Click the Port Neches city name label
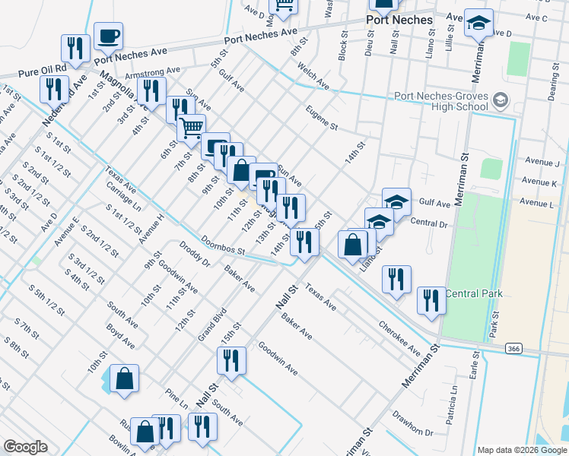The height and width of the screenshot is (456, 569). [399, 20]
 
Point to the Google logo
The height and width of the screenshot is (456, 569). [25, 447]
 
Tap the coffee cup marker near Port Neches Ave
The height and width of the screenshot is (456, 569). [108, 36]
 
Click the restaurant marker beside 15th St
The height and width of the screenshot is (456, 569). [231, 361]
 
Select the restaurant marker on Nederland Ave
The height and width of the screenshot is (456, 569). [54, 89]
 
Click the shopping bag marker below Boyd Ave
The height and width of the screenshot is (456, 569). [124, 379]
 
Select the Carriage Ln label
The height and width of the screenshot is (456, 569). [124, 196]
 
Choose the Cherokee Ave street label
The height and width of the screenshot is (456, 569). [399, 337]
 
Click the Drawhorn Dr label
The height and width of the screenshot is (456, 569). [412, 423]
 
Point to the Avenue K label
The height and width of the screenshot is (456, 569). [541, 182]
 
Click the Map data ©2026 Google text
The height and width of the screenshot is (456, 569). [521, 450]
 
